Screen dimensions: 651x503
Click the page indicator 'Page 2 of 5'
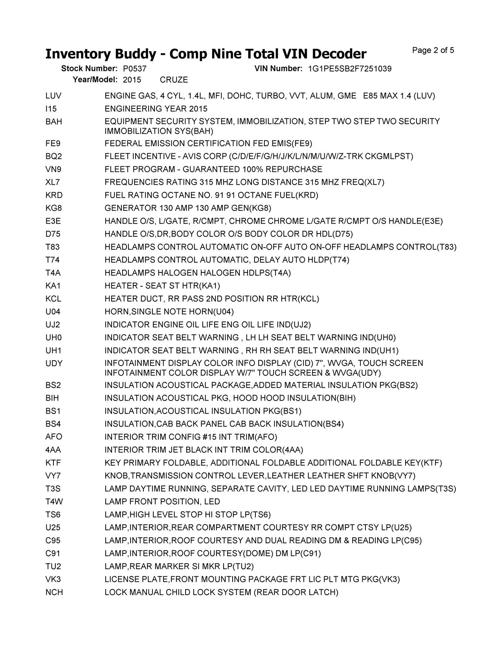[433, 50]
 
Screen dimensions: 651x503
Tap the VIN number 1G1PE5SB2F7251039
[349, 69]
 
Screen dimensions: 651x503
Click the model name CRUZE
[174, 80]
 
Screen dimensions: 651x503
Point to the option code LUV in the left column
[53, 96]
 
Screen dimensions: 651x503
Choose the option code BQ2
[53, 156]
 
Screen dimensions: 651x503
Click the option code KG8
[53, 208]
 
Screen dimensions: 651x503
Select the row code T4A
[53, 273]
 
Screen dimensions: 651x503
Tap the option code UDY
[54, 363]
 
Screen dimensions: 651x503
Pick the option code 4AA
[53, 450]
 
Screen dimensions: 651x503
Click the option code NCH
[54, 592]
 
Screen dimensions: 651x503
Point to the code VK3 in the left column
[53, 579]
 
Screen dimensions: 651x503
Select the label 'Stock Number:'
[89, 69]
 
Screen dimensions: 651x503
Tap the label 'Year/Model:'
[95, 80]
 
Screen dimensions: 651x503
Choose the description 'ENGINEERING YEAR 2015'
[156, 109]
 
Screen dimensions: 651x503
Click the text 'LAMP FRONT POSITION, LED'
[162, 502]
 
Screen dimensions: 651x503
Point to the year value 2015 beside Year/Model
[132, 80]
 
